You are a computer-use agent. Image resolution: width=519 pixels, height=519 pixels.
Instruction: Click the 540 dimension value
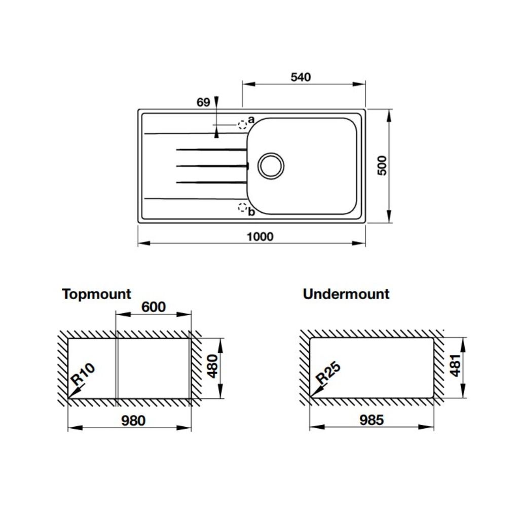(301, 77)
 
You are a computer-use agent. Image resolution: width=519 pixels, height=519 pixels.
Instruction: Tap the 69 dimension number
(203, 102)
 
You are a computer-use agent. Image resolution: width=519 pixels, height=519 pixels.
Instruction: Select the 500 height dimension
(382, 166)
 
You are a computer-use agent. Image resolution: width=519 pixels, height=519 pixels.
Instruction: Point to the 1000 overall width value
(260, 237)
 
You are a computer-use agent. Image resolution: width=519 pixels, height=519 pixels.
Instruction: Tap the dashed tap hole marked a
(242, 125)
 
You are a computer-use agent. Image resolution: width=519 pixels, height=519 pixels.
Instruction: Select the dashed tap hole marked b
(242, 207)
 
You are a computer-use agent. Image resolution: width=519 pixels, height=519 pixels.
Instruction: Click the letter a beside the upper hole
(251, 119)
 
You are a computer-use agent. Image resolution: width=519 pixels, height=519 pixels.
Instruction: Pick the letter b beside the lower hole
(251, 212)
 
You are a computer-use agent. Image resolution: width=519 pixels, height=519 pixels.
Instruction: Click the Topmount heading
(97, 294)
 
